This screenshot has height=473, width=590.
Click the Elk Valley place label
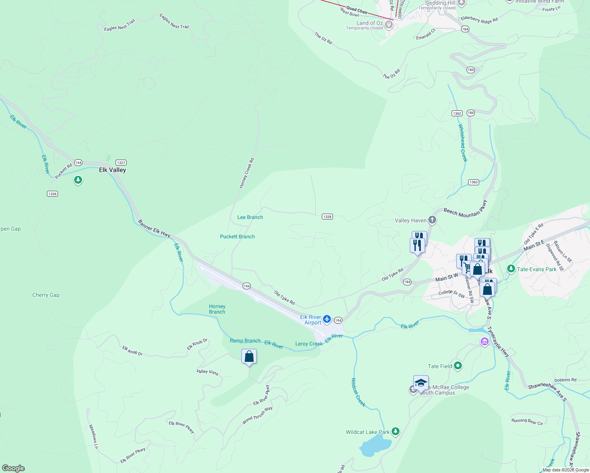[112, 170]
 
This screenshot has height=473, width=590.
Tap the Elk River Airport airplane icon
[327, 319]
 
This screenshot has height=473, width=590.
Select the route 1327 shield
[121, 163]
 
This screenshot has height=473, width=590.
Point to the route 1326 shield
[52, 194]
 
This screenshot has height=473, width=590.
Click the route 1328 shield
[327, 217]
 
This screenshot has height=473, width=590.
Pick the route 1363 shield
[474, 182]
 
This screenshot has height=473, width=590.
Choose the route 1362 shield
[457, 113]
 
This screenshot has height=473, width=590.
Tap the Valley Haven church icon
[432, 220]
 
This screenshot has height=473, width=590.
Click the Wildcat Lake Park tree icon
[396, 432]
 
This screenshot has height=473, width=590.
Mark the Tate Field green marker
[458, 366]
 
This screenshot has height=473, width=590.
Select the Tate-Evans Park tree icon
[511, 269]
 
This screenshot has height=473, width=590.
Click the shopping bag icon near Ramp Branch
[249, 357]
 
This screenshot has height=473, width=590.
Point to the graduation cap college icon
[421, 382]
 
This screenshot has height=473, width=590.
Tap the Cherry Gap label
[46, 295]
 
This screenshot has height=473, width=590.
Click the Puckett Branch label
[237, 236]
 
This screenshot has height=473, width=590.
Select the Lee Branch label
[250, 217]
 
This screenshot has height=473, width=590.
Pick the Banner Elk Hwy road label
[154, 229]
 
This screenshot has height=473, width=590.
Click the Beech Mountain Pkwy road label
[465, 209]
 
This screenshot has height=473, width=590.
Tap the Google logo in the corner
[13, 468]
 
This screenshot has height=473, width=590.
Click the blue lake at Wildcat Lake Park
[375, 447]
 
